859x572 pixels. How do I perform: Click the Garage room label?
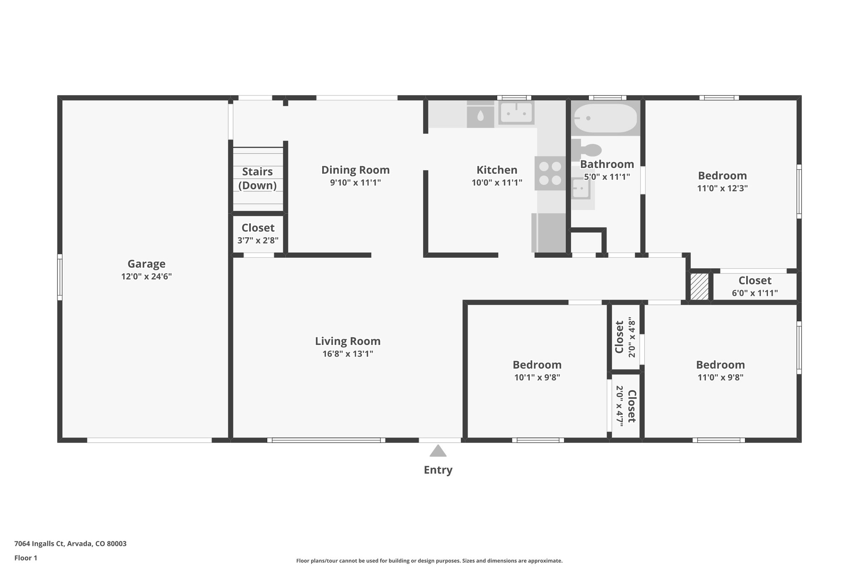[146, 264]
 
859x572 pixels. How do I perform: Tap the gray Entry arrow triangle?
[438, 451]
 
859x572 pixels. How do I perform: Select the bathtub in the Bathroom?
[605, 118]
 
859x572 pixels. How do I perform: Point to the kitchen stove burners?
[550, 173]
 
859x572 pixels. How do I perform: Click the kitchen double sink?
[516, 113]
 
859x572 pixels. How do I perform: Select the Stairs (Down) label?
[258, 178]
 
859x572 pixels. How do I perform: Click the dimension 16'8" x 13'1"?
[348, 354]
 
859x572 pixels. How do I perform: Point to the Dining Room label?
[355, 170]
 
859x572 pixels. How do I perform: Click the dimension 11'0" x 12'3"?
[722, 188]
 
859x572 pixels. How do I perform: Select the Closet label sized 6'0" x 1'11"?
[755, 280]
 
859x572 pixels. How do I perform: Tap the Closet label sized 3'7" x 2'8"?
[258, 228]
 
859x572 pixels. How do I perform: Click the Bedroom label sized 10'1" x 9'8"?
[537, 365]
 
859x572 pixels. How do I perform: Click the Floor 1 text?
[26, 558]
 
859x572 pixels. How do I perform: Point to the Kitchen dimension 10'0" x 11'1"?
[497, 183]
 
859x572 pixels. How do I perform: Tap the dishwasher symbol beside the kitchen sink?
[480, 116]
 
